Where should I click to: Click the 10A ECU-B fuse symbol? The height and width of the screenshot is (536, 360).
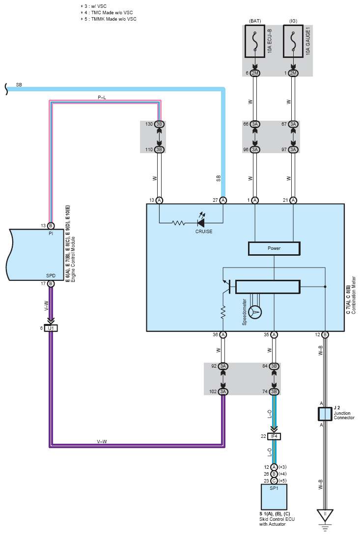coord(255,41)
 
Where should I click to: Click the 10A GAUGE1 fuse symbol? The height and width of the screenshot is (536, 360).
coord(293,41)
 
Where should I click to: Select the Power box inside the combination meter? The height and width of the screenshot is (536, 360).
coord(274,248)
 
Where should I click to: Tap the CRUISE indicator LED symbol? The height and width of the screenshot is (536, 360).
coord(201,221)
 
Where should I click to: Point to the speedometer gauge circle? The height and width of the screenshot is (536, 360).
coord(255,312)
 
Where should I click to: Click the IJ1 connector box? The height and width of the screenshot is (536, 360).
coord(51,328)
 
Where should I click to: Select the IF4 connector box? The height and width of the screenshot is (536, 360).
coord(274,436)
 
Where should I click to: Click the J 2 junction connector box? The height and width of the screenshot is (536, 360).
coord(325,414)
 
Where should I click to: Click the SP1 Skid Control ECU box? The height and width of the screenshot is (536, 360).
coord(274,497)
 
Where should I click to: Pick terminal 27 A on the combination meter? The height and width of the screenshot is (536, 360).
coord(223,200)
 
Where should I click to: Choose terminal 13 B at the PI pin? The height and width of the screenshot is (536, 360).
coord(51,226)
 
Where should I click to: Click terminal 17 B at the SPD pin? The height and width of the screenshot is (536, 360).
coord(51,283)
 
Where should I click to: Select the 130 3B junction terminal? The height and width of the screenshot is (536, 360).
coord(159,124)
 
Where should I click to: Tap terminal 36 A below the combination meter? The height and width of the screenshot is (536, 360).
coord(223,335)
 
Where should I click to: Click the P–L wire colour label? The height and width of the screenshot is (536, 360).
coord(102,97)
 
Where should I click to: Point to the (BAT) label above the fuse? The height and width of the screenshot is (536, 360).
coord(255,21)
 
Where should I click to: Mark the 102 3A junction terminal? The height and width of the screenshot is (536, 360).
coord(223,391)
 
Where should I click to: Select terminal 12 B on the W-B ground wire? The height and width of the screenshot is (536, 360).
coord(325,335)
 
